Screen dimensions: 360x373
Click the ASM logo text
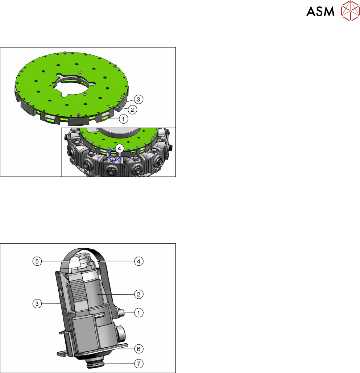click(x=320, y=11)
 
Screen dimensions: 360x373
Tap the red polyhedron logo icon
click(x=350, y=11)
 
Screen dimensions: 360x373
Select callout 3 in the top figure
click(x=138, y=99)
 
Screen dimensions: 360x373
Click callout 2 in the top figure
click(x=132, y=110)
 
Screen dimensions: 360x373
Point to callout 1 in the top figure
click(x=123, y=119)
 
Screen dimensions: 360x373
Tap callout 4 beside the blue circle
click(x=119, y=149)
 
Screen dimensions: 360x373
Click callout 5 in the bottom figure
click(x=37, y=261)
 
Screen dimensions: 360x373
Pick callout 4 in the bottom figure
click(x=138, y=261)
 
